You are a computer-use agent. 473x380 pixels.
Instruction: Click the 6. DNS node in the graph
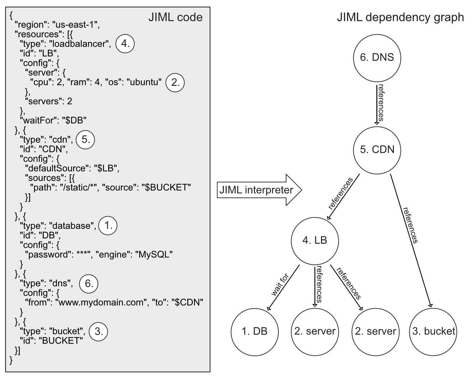377,58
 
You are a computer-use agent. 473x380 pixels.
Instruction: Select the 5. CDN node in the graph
377,150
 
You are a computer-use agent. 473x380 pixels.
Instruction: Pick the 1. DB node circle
255,332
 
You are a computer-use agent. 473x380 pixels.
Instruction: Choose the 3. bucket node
433,332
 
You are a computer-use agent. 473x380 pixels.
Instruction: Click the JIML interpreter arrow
259,190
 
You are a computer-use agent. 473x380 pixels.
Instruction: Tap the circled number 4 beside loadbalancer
125,44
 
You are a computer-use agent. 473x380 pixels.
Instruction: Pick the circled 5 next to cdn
86,140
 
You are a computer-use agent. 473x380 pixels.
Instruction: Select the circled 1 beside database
108,225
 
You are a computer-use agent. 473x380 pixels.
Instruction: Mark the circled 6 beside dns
89,283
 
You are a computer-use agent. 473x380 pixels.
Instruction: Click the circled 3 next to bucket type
98,332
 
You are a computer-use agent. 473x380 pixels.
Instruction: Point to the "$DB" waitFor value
74,121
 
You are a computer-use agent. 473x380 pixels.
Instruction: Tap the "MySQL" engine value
154,254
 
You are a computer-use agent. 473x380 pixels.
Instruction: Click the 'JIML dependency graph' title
400,17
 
